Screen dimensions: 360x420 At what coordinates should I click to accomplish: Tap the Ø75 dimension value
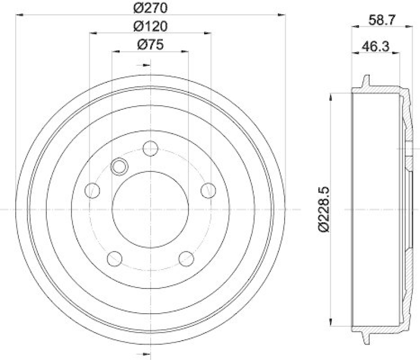pyautogui.click(x=151, y=45)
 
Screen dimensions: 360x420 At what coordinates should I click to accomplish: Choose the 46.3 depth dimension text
pyautogui.click(x=375, y=47)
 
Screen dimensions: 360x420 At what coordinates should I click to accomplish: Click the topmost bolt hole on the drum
pyautogui.click(x=151, y=148)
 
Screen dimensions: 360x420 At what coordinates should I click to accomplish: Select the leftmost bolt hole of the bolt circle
pyautogui.click(x=93, y=190)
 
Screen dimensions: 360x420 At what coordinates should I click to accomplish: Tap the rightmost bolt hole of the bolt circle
pyautogui.click(x=208, y=190)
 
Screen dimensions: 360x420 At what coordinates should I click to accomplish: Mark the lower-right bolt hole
pyautogui.click(x=186, y=258)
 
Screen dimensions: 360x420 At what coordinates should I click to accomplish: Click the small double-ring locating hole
pyautogui.click(x=120, y=167)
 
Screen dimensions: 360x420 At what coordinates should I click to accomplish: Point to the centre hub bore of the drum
pyautogui.click(x=151, y=209)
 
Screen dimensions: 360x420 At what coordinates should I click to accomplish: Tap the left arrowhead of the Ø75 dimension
pyautogui.click(x=115, y=51)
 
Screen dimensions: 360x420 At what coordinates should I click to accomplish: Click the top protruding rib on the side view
pyautogui.click(x=365, y=83)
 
